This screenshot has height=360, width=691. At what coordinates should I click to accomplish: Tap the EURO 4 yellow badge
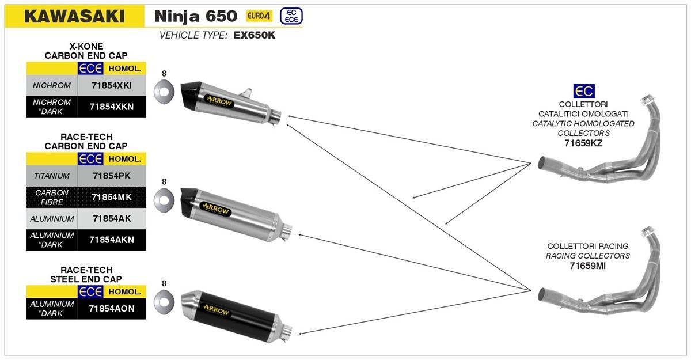click(x=259, y=16)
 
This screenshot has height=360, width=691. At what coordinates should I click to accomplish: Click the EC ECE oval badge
click(x=291, y=16)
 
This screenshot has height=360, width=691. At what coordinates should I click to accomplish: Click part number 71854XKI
click(x=112, y=85)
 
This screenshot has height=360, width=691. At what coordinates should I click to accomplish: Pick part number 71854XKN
click(x=112, y=107)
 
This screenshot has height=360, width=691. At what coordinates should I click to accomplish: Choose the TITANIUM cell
click(x=52, y=175)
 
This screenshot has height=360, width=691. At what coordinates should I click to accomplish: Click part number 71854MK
click(x=112, y=197)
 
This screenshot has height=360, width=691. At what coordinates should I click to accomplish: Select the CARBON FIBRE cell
click(x=52, y=197)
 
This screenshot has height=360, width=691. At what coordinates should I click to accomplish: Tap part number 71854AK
click(x=112, y=219)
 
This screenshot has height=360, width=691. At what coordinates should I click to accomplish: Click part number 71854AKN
click(x=112, y=240)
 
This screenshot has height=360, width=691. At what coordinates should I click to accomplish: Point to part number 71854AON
click(x=112, y=308)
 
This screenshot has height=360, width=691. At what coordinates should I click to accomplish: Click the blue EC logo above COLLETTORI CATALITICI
click(x=583, y=91)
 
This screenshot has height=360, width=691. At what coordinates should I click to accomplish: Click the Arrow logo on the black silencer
click(x=217, y=310)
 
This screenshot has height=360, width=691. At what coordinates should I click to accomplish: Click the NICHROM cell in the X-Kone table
click(x=52, y=85)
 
